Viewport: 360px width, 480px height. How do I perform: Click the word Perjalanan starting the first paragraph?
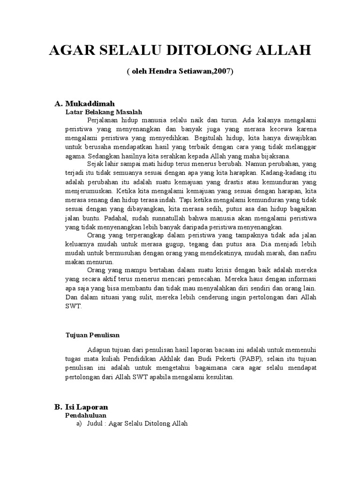tap(105, 120)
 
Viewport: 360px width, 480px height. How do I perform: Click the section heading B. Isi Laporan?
tap(81, 407)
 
